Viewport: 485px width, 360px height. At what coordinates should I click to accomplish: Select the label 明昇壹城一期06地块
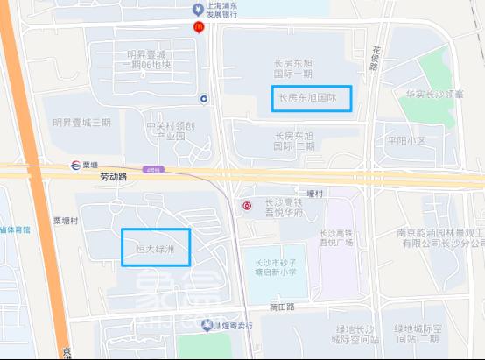[x=149, y=60]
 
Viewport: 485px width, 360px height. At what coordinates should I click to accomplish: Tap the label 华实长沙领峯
[x=435, y=93]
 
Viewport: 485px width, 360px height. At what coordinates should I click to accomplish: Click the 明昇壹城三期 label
[x=81, y=123]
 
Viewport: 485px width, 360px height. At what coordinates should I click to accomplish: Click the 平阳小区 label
[x=405, y=140]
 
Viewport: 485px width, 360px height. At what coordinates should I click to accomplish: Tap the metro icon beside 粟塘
[x=76, y=164]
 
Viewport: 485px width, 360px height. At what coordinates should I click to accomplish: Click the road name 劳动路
[x=114, y=175]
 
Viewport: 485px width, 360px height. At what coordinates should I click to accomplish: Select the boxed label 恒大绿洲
[x=156, y=247]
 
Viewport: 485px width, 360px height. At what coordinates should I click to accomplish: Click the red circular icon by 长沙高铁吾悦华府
[x=247, y=206]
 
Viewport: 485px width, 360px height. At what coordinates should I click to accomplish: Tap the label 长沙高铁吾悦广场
[x=341, y=237]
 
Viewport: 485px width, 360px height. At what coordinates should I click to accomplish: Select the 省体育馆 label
[x=14, y=229]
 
